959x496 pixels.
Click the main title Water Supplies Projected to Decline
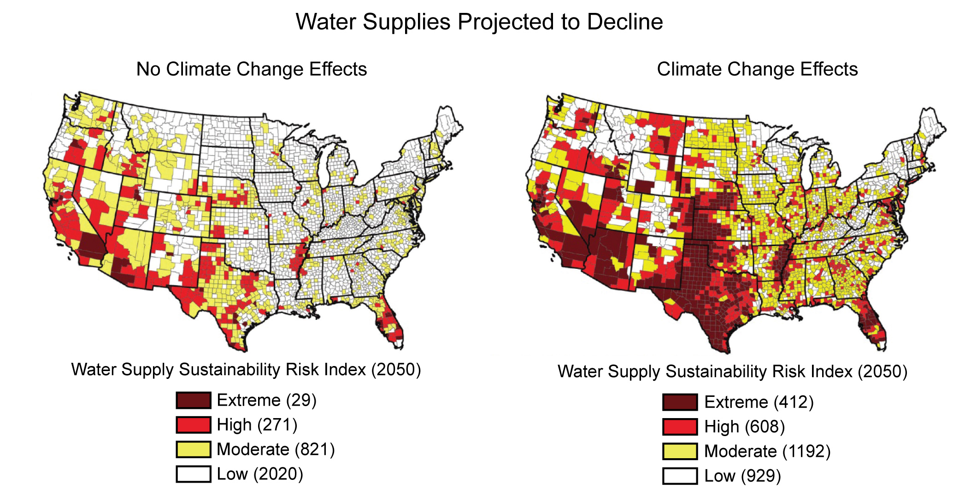click(x=479, y=22)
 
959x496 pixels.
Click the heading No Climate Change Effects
click(x=252, y=69)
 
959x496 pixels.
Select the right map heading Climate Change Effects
click(x=757, y=69)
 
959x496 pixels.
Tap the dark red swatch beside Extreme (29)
click(x=194, y=400)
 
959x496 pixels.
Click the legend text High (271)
click(x=257, y=425)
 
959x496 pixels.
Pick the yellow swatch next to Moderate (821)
click(x=194, y=449)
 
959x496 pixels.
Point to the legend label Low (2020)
click(x=260, y=474)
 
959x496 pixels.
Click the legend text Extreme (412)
click(x=759, y=402)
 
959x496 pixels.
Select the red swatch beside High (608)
click(x=680, y=427)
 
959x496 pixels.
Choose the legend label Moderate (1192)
click(x=767, y=451)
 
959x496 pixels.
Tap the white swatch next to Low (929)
click(x=680, y=476)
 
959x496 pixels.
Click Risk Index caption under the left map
click(x=246, y=370)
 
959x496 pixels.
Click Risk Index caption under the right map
click(x=732, y=372)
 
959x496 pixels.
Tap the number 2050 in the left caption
click(x=396, y=370)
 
